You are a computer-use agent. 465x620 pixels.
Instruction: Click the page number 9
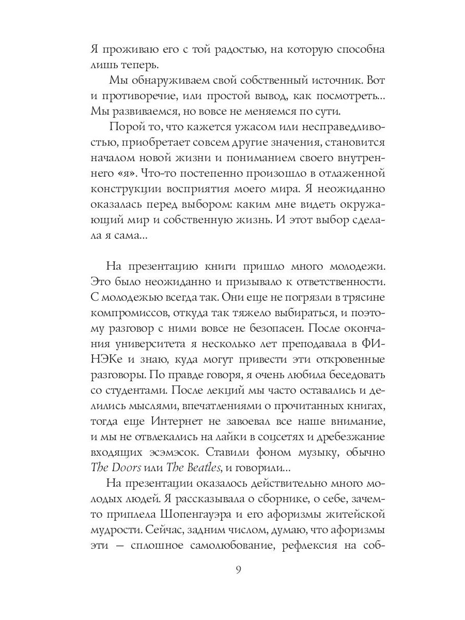pyautogui.click(x=238, y=570)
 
